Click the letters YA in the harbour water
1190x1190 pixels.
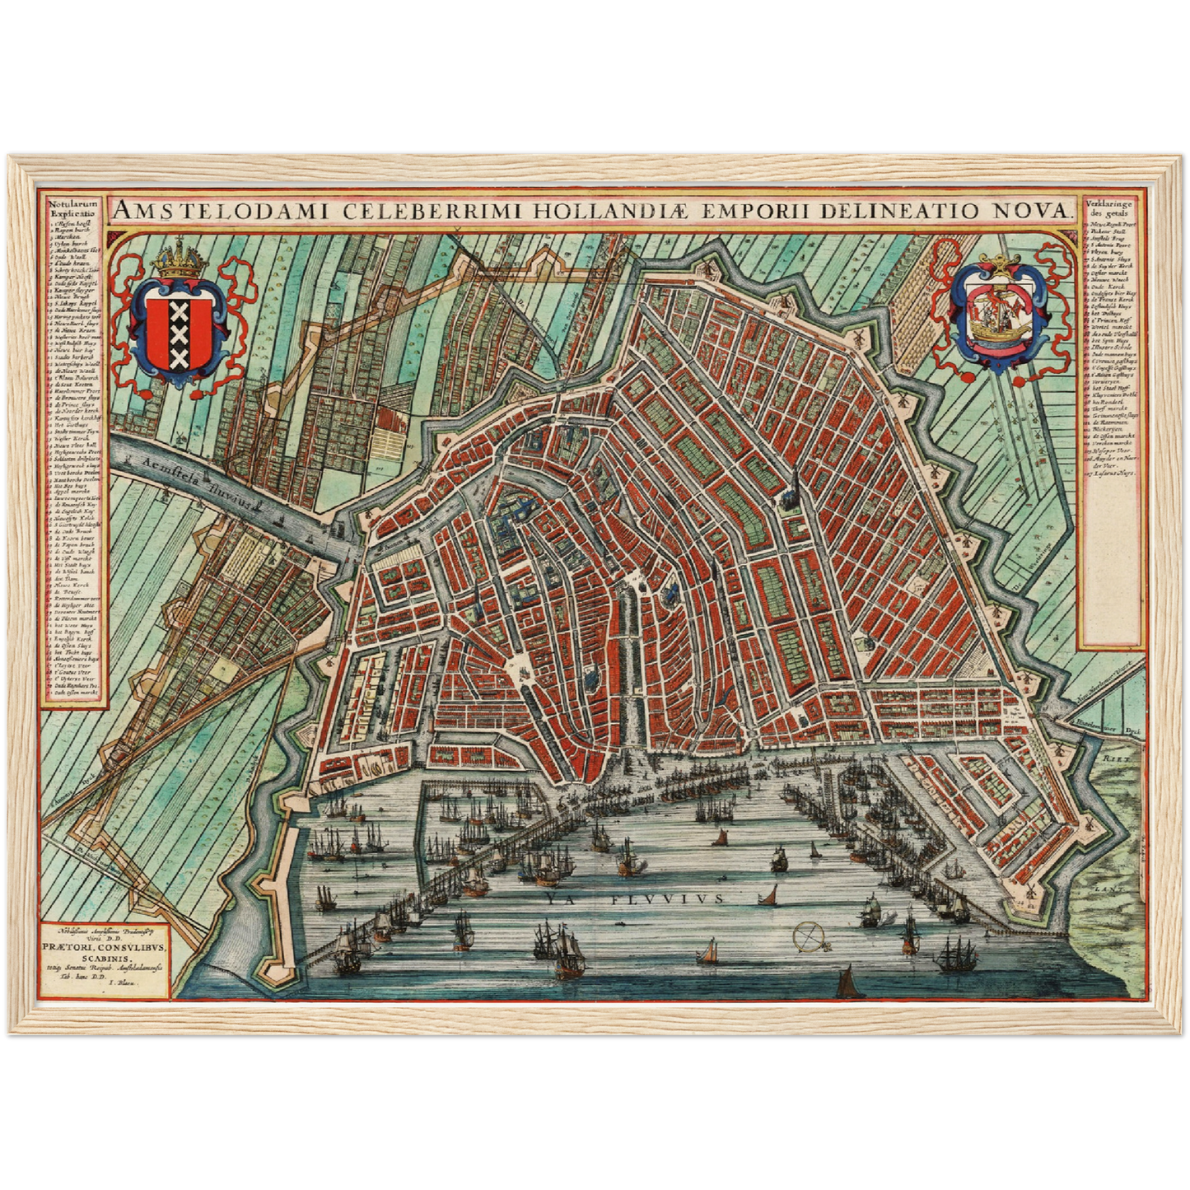554,899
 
